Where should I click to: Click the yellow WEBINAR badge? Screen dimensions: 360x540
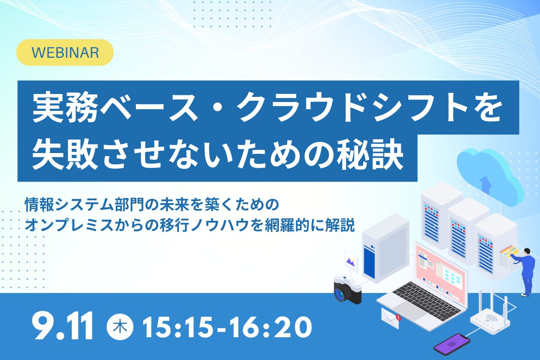tap(65, 53)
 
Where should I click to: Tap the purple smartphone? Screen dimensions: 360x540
tap(452, 344)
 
